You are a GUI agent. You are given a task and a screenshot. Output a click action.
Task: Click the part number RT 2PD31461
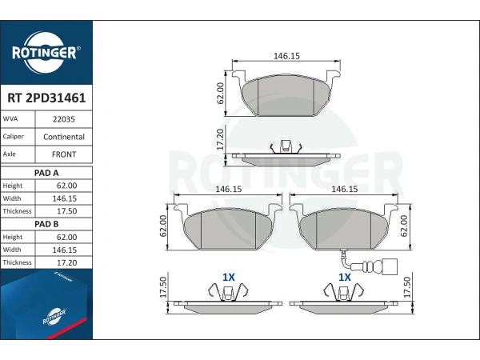click(x=46, y=98)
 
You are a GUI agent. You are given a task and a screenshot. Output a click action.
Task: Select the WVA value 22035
click(x=64, y=119)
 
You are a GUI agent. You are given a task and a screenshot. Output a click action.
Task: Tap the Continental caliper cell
click(x=64, y=137)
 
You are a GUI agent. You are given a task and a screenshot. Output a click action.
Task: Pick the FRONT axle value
click(x=64, y=154)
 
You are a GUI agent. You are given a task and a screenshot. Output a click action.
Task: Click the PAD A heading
click(x=46, y=173)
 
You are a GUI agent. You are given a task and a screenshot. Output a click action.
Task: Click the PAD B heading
click(x=46, y=224)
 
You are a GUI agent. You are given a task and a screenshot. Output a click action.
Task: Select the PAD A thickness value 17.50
click(x=66, y=211)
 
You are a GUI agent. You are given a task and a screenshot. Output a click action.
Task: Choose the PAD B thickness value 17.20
click(x=66, y=262)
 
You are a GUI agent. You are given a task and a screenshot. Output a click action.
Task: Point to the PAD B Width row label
click(x=12, y=250)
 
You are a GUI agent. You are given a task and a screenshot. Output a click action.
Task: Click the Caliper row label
click(x=13, y=137)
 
